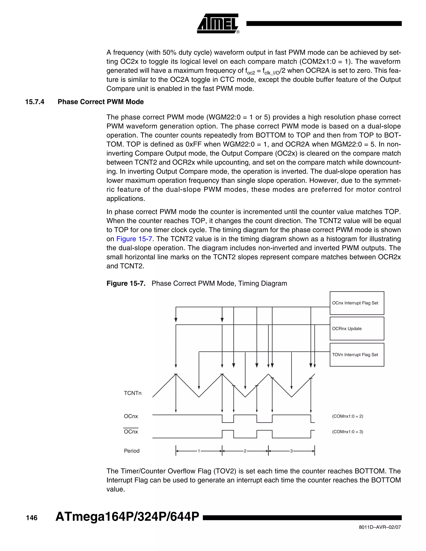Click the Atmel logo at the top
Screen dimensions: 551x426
click(218, 23)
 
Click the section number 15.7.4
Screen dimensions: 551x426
click(35, 102)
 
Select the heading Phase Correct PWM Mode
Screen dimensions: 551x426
click(101, 102)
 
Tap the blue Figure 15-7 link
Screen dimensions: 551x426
click(134, 239)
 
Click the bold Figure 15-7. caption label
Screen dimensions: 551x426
click(126, 283)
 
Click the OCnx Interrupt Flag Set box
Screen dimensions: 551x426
click(357, 303)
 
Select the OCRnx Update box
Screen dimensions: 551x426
click(357, 329)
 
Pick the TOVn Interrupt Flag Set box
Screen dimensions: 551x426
click(357, 355)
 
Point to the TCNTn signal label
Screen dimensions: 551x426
click(133, 393)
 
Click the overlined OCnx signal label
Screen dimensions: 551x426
click(131, 432)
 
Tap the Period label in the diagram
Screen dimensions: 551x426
click(131, 451)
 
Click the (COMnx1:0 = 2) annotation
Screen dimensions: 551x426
click(348, 416)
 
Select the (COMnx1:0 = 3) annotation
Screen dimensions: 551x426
click(348, 432)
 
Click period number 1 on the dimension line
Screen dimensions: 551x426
click(199, 451)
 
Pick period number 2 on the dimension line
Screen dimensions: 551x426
click(245, 451)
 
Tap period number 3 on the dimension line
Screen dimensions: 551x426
click(291, 451)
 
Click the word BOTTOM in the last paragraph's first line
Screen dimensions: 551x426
click(370, 471)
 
